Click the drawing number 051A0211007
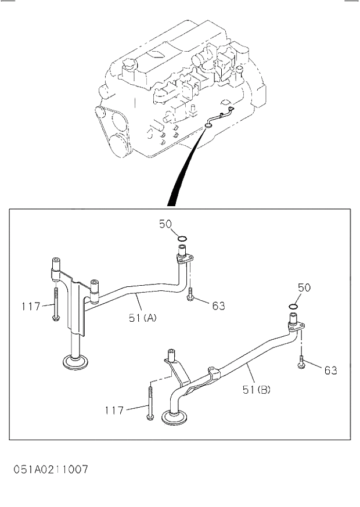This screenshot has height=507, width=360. click(51, 469)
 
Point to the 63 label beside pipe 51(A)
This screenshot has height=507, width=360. click(218, 305)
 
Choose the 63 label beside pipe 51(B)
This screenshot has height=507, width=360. click(330, 370)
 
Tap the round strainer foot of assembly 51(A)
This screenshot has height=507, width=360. click(75, 364)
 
